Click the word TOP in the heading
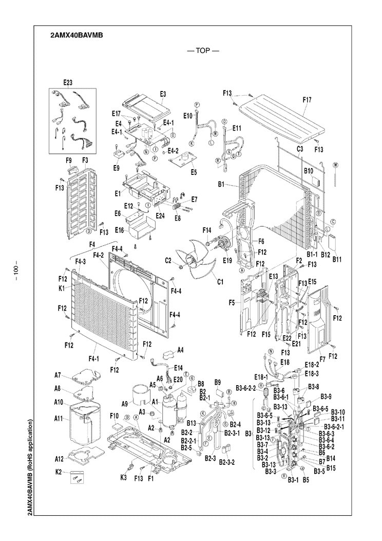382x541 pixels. (203, 51)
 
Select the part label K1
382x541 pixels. (62, 288)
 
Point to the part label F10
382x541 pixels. (114, 415)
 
